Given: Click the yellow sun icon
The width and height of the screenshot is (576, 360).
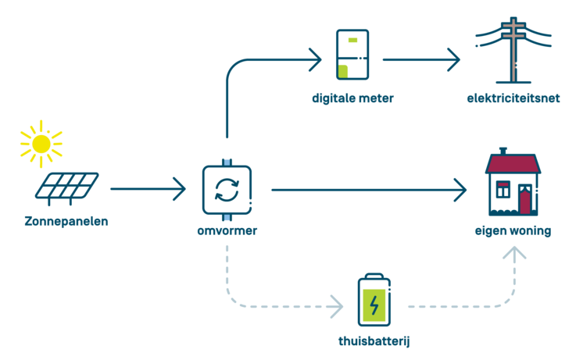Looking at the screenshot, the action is tap(41, 144).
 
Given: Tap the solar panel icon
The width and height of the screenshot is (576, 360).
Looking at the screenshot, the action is tap(67, 188).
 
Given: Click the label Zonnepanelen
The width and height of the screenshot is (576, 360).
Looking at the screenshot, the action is tap(66, 221).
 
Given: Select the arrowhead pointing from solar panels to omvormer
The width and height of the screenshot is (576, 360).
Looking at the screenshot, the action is tap(180, 189).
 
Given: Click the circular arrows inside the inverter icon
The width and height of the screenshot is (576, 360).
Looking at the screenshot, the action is tap(227, 190).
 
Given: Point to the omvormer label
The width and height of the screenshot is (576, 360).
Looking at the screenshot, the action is tap(227, 230).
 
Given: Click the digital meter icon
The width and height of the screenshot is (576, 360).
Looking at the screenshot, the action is tap(352, 55).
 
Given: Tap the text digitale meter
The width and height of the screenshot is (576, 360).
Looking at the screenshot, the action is tap(352, 98).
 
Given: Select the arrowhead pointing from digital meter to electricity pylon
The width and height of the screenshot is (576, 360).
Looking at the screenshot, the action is tap(454, 59).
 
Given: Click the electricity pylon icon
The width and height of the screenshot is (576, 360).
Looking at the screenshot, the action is tap(513, 50).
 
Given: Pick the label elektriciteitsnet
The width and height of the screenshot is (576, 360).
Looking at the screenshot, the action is tap(513, 98).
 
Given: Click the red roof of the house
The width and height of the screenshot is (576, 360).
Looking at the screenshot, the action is tap(513, 164).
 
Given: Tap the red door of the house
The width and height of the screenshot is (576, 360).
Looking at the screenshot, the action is tap(525, 201).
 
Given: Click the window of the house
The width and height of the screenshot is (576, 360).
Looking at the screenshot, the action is tap(503, 189).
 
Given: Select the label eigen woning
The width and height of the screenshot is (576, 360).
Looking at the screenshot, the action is tap(513, 231).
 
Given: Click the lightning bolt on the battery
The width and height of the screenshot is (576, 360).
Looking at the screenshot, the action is tap(374, 305).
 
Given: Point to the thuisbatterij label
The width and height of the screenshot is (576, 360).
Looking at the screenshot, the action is tap(374, 341).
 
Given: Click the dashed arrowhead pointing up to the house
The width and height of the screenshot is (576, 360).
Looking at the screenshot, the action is tap(514, 253).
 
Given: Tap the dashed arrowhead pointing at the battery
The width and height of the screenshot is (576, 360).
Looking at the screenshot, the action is tap(337, 306).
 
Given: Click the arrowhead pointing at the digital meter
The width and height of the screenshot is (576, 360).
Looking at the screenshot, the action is tap(316, 59).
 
